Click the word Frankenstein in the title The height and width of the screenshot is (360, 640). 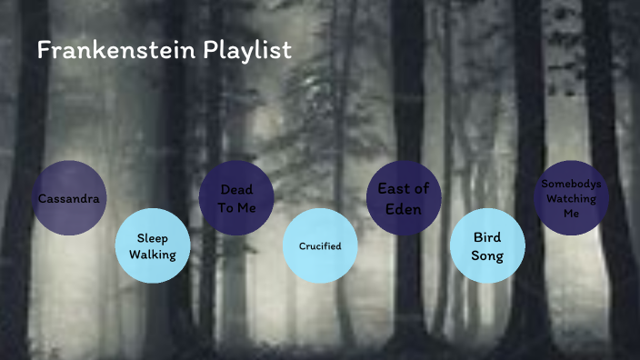tap(102, 50)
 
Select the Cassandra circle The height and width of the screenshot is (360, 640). tap(68, 198)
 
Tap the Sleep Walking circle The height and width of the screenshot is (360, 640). tap(152, 246)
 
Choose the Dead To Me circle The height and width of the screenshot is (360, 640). tap(236, 198)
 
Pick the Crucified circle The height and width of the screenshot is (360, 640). tap(319, 246)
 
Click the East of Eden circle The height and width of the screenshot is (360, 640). tap(403, 198)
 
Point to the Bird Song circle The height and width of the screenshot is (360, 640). tap(487, 246)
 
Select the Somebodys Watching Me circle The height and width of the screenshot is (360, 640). tap(570, 198)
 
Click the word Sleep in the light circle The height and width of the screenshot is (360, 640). tap(152, 238)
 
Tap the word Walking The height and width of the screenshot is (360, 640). tap(152, 255)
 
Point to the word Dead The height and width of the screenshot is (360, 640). tap(236, 190)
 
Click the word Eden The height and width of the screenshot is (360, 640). tap(403, 207)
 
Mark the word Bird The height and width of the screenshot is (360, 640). tap(487, 237)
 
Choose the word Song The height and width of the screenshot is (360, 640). tap(487, 255)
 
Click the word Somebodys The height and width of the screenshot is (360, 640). tap(570, 184)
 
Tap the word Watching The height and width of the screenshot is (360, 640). tap(570, 198)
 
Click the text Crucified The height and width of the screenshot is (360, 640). tap(319, 246)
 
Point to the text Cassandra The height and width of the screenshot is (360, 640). tap(68, 198)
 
